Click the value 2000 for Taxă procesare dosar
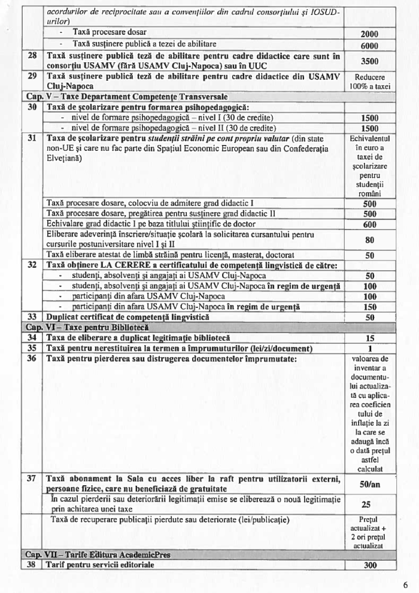pyautogui.click(x=369, y=34)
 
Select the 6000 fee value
pyautogui.click(x=369, y=45)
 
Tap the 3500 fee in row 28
pyautogui.click(x=369, y=60)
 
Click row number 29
pyautogui.click(x=31, y=76)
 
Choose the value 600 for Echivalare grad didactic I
pyautogui.click(x=369, y=224)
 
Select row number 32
pyautogui.click(x=31, y=265)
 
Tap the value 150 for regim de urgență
pyautogui.click(x=369, y=307)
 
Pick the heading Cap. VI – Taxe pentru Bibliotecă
pyautogui.click(x=84, y=327)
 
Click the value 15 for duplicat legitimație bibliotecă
pyautogui.click(x=369, y=338)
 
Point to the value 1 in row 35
pyautogui.click(x=369, y=348)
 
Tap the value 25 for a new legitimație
pyautogui.click(x=369, y=504)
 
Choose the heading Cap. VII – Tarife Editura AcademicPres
pyautogui.click(x=96, y=555)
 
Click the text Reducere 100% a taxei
pyautogui.click(x=369, y=81)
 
